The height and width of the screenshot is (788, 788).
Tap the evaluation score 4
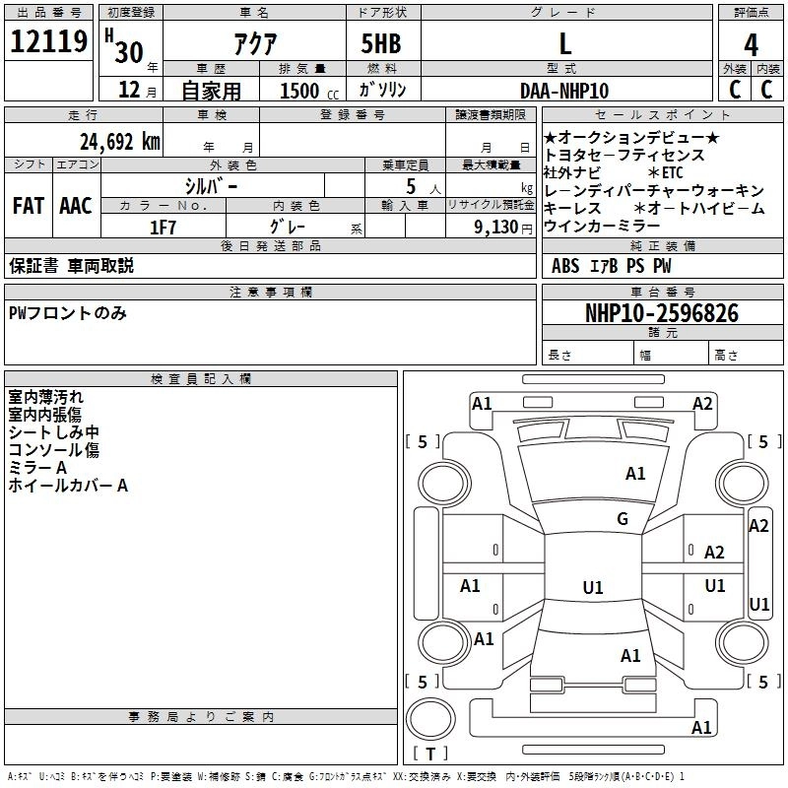(x=752, y=44)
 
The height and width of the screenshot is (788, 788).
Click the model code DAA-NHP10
(x=564, y=90)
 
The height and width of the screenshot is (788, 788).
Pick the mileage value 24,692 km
(x=116, y=141)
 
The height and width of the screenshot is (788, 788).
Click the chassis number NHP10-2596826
(x=661, y=313)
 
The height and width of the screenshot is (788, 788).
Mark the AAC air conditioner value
(x=75, y=206)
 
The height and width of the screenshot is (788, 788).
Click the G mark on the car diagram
(x=623, y=519)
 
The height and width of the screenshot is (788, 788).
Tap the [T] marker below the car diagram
(x=430, y=754)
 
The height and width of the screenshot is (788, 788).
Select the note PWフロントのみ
(x=67, y=313)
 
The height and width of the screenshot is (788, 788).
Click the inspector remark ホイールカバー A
(x=68, y=486)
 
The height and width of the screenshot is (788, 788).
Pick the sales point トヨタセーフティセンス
(x=624, y=155)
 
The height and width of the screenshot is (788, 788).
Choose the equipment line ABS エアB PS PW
(x=612, y=266)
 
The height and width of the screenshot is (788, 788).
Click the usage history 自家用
(x=211, y=91)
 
